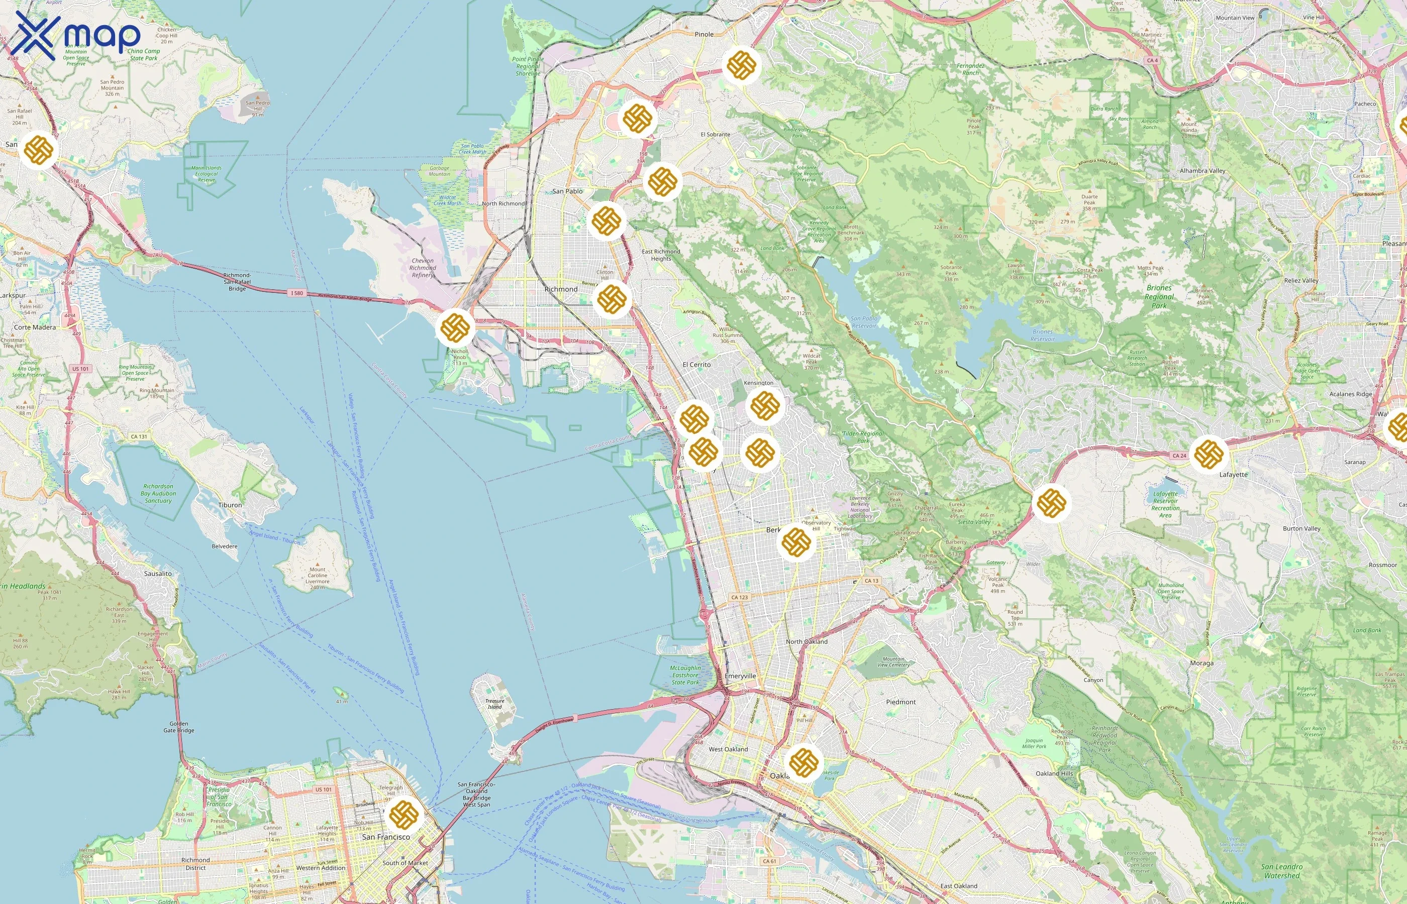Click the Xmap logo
pos(75,35)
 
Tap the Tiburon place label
pos(230,505)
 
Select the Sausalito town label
pos(158,574)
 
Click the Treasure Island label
pos(494,704)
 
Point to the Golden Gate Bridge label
pos(178,727)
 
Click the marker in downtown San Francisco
pos(404,814)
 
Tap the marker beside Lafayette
pos(1209,454)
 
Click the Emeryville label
pos(740,676)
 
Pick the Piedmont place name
pos(900,702)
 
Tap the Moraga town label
pos(1201,663)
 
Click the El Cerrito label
pos(696,365)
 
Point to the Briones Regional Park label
pos(1159,296)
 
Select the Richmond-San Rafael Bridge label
pos(237,282)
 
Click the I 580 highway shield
pos(297,293)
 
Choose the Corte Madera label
pos(35,327)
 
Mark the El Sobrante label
pos(715,135)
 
